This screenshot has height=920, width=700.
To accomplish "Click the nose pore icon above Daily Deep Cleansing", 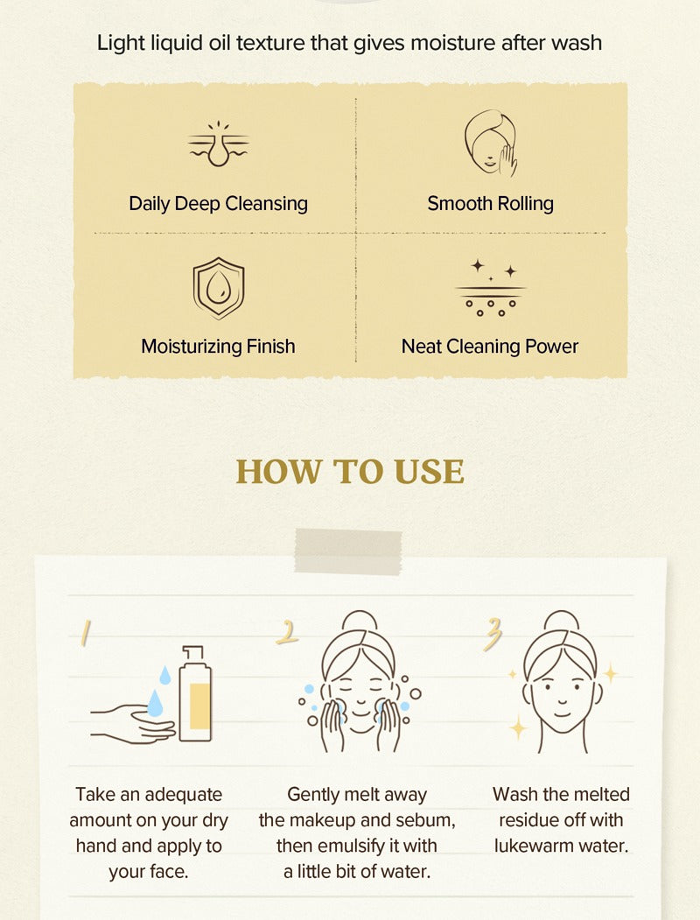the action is coord(218,144).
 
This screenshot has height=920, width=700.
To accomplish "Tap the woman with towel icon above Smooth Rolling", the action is coord(491,143).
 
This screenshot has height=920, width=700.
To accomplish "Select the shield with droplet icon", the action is coord(219,288).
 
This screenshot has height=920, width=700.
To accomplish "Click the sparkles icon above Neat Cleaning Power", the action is coord(491,287).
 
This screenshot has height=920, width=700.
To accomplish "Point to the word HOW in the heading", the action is coord(279,471).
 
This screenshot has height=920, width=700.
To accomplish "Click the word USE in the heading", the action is coord(429,471).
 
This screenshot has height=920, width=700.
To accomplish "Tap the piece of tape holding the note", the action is coord(348,551).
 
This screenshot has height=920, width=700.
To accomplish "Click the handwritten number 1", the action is coord(86,633).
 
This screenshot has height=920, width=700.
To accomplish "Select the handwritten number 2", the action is coord(287,633).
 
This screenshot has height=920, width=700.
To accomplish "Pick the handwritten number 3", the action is coord(493,635).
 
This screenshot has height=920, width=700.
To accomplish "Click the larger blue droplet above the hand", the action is coord(155,703).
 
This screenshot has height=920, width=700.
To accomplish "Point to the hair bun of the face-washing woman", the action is coord(360,621).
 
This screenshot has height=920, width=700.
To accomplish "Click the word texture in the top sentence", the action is coord(271,43).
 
